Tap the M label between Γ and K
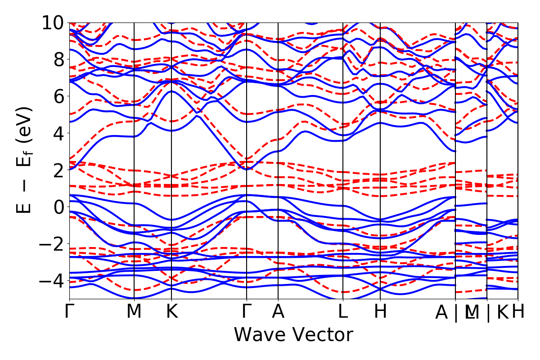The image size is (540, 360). (134, 311)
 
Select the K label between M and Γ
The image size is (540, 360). (171, 311)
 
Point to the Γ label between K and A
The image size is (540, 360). (247, 311)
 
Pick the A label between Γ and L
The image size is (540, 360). (278, 311)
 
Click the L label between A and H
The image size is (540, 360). (343, 311)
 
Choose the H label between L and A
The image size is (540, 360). (381, 311)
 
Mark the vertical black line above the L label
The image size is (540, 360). (343, 157)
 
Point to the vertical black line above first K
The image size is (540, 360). (171, 157)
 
